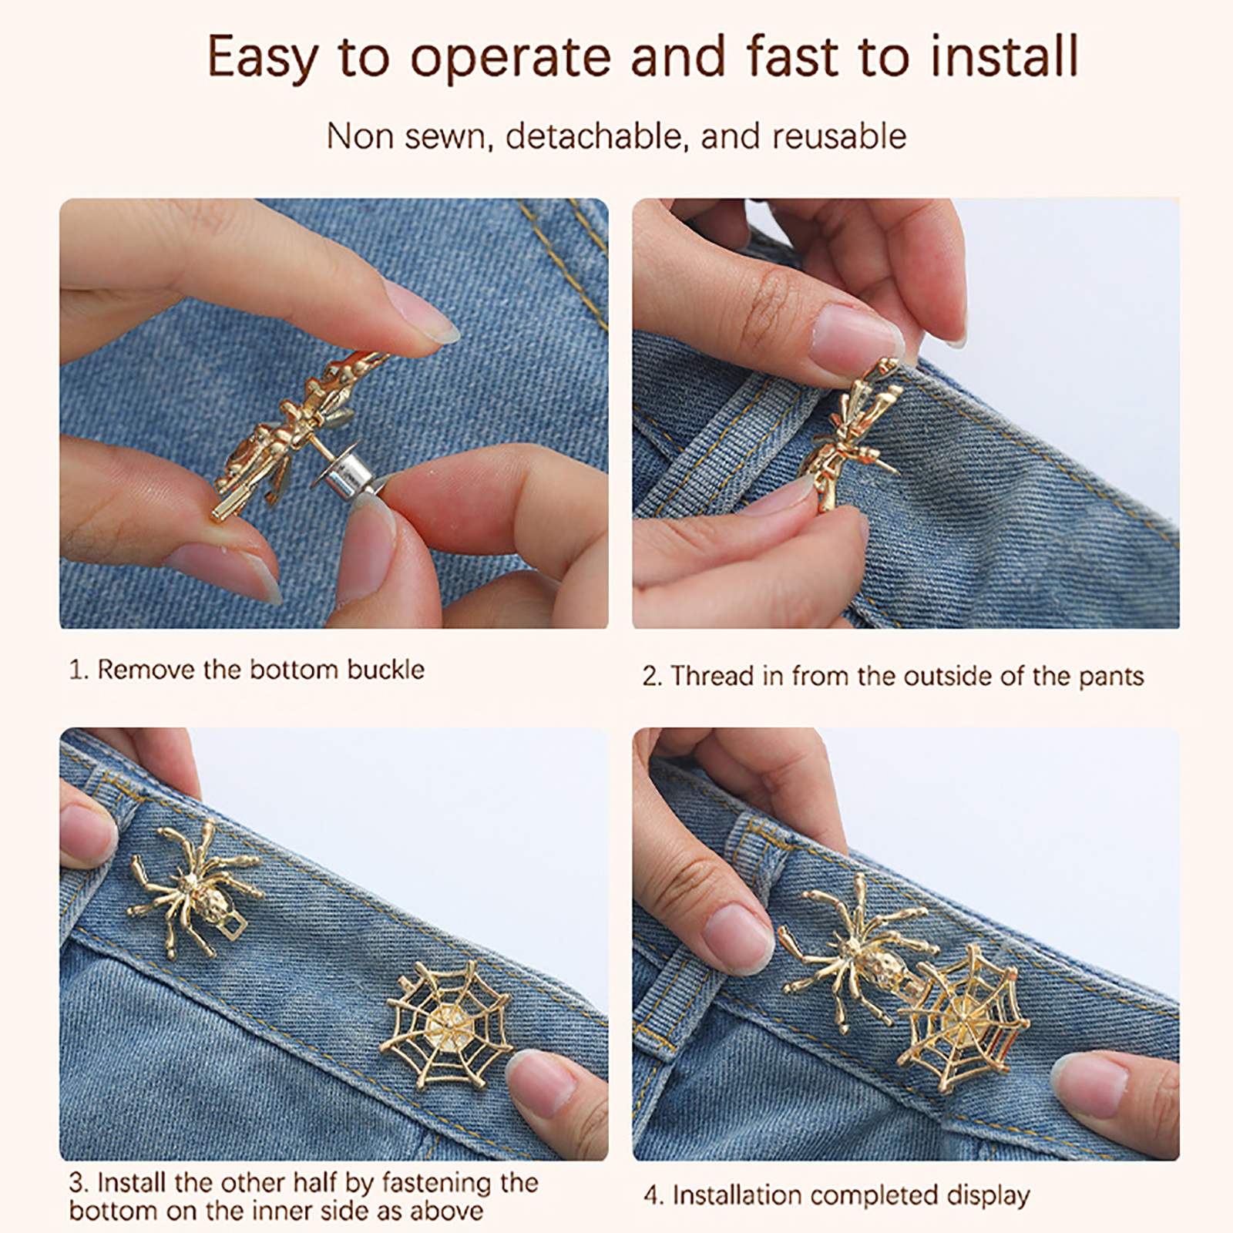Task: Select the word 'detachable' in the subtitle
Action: (x=594, y=136)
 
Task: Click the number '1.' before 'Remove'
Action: (x=79, y=670)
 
